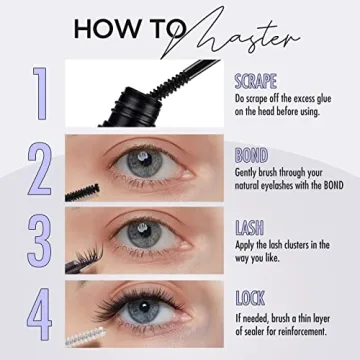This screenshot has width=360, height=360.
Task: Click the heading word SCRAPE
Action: (x=255, y=80)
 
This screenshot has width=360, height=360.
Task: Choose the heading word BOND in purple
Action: (x=250, y=154)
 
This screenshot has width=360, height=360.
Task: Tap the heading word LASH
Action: (x=249, y=227)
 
